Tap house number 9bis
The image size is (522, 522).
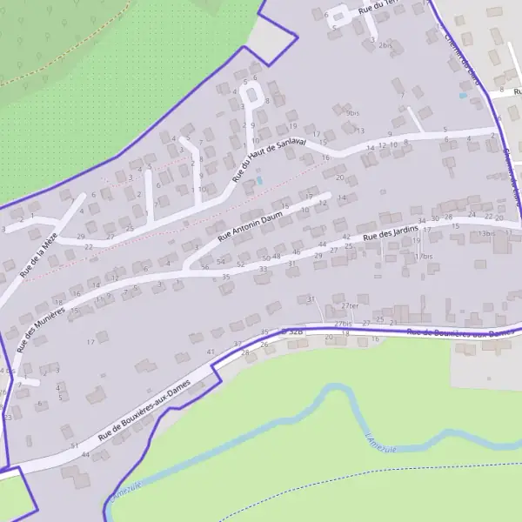351,113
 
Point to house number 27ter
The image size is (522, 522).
350,306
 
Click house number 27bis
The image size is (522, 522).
343,324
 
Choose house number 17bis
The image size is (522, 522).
424,257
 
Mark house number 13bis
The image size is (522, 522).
486,233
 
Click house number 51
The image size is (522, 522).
74,445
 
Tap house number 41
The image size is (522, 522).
210,351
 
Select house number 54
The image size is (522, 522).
220,262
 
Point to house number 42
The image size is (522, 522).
346,237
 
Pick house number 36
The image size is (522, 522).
205,267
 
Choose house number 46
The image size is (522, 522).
296,252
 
